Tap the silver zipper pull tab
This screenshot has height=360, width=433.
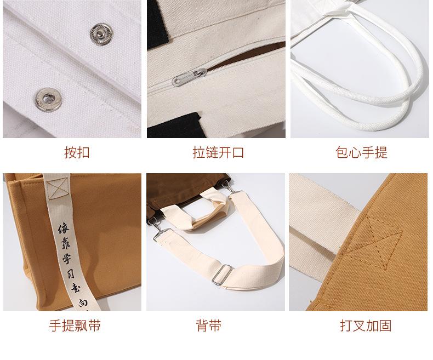pos(189,77)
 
